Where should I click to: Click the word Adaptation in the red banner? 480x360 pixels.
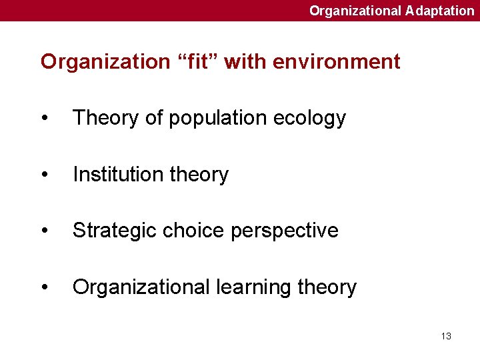tap(439, 11)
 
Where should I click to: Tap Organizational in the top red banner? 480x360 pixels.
tap(355, 11)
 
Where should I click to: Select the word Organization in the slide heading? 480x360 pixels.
tap(105, 62)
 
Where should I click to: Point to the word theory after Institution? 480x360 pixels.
tap(199, 175)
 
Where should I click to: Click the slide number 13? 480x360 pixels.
tap(446, 336)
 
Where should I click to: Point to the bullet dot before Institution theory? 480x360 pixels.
tap(44, 175)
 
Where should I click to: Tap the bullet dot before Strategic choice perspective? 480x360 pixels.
tap(44, 231)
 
